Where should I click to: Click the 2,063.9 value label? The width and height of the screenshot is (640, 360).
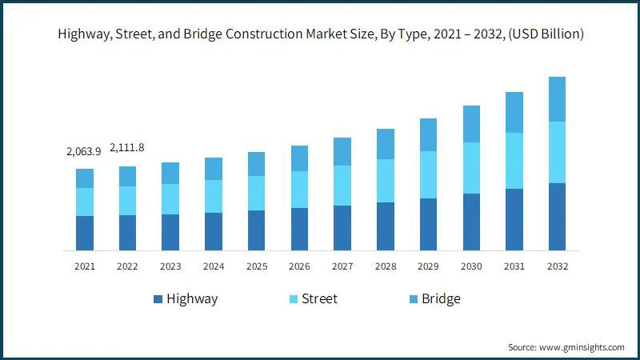[84, 151]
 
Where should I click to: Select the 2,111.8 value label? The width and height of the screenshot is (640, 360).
[127, 148]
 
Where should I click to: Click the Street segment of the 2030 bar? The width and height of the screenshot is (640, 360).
[471, 168]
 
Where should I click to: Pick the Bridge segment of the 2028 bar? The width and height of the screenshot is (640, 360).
[386, 144]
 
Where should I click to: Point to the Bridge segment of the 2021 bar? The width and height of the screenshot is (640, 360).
[85, 178]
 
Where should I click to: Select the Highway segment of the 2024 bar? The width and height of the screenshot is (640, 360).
[214, 231]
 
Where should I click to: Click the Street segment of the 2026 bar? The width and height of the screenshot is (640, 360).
[299, 190]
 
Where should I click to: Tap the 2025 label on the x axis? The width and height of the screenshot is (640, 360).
[256, 266]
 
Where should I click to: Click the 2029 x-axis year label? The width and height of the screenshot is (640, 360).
[428, 266]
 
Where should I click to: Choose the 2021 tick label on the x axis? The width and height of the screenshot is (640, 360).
[85, 266]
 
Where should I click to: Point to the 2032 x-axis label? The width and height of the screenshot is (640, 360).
[558, 266]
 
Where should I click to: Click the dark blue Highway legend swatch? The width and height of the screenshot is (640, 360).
[158, 299]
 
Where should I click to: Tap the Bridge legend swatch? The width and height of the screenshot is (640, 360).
[413, 299]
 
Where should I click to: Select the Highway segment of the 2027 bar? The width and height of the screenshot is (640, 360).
[342, 228]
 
